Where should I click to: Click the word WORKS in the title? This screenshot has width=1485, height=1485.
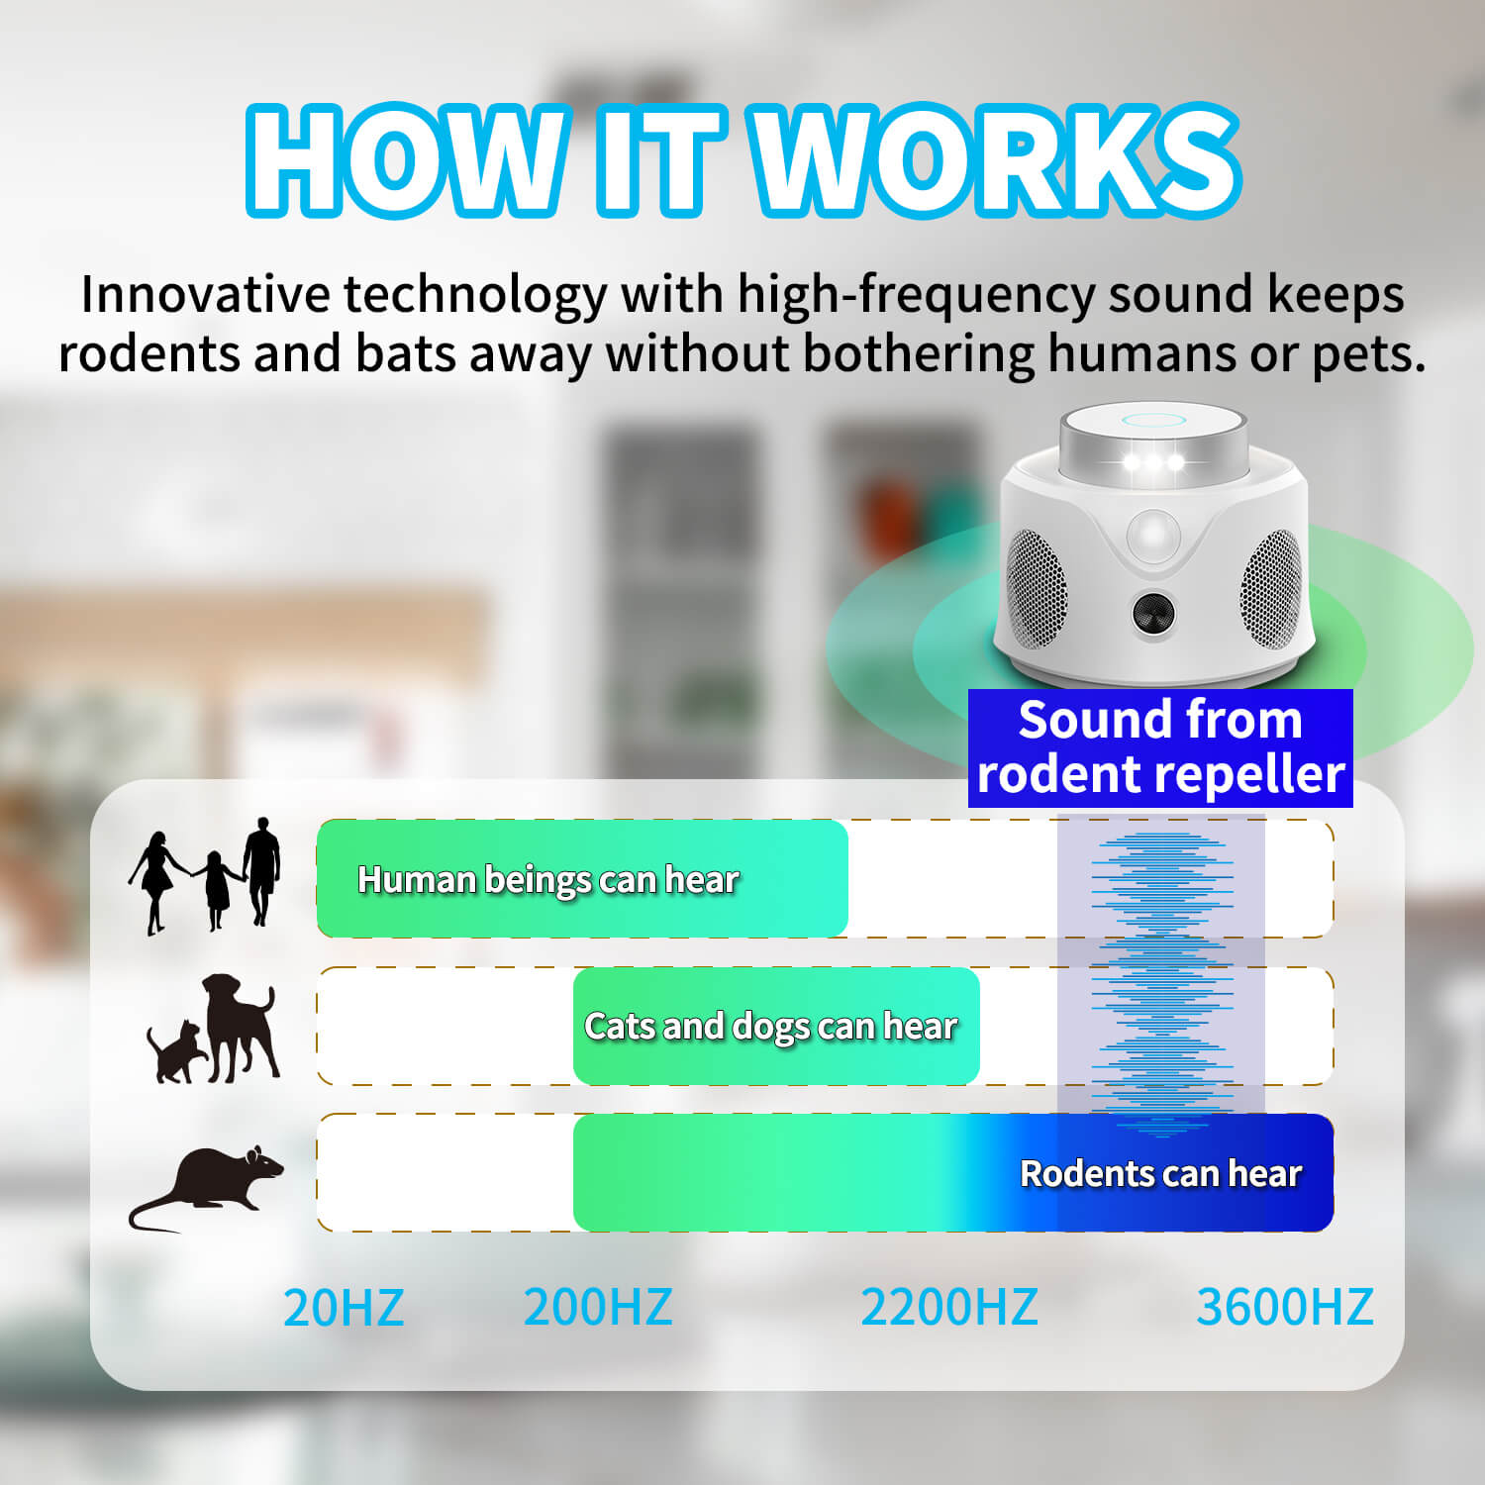[x=999, y=159]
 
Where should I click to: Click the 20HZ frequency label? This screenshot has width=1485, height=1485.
[x=344, y=1307]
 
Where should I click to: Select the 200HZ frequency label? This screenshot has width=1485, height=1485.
[x=598, y=1307]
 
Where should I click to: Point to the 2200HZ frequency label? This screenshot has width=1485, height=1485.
[x=949, y=1307]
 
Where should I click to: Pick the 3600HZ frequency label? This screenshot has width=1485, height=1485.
[x=1285, y=1307]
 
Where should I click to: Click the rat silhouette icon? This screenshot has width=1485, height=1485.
[x=206, y=1188]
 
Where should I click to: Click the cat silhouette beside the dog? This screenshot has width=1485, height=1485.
[x=175, y=1051]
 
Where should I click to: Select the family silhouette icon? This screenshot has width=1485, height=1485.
[x=205, y=875]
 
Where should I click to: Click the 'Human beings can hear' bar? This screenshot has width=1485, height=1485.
[x=582, y=878]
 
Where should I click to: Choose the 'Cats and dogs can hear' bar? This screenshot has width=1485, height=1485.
[x=776, y=1026]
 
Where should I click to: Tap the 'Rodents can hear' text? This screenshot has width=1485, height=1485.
[x=1160, y=1173]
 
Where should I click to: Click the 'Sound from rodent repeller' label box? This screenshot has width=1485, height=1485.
[x=1160, y=747]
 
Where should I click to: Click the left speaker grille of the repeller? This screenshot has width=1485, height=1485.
[x=1036, y=588]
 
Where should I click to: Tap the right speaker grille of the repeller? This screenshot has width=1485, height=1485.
[x=1271, y=588]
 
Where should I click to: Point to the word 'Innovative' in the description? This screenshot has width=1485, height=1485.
[x=206, y=294]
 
